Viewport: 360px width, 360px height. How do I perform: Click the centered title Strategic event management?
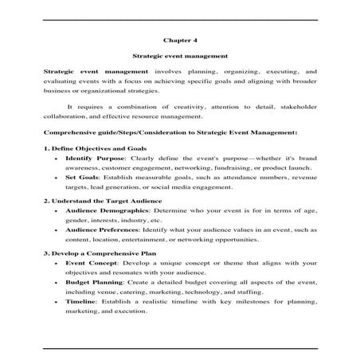[179, 56]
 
